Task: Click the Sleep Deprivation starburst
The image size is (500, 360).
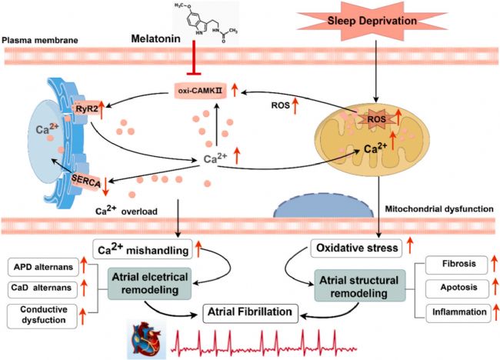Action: [x=372, y=21]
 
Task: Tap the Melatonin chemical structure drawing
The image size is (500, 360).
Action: [x=206, y=23]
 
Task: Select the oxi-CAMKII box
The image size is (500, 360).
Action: [x=201, y=91]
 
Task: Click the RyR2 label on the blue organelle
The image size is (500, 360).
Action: [x=87, y=108]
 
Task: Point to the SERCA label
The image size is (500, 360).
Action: [x=86, y=182]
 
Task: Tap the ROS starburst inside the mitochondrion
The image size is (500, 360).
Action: [x=377, y=119]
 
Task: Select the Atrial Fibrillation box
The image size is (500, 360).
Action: [x=250, y=312]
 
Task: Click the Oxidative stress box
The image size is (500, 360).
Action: [x=356, y=248]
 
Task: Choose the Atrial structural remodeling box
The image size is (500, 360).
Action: [x=360, y=286]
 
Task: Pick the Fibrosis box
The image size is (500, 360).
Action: [x=457, y=265]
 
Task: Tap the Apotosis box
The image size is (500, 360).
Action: [x=457, y=288]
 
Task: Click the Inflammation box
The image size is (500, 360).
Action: [x=458, y=313]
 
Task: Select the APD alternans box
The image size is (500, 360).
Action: [x=43, y=267]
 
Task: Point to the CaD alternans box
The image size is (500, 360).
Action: [x=42, y=289]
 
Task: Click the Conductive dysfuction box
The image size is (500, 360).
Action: [x=42, y=316]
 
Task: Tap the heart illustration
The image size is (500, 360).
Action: [x=147, y=340]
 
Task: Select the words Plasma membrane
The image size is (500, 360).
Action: [x=40, y=41]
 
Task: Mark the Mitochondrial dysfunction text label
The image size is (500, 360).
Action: [x=439, y=209]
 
